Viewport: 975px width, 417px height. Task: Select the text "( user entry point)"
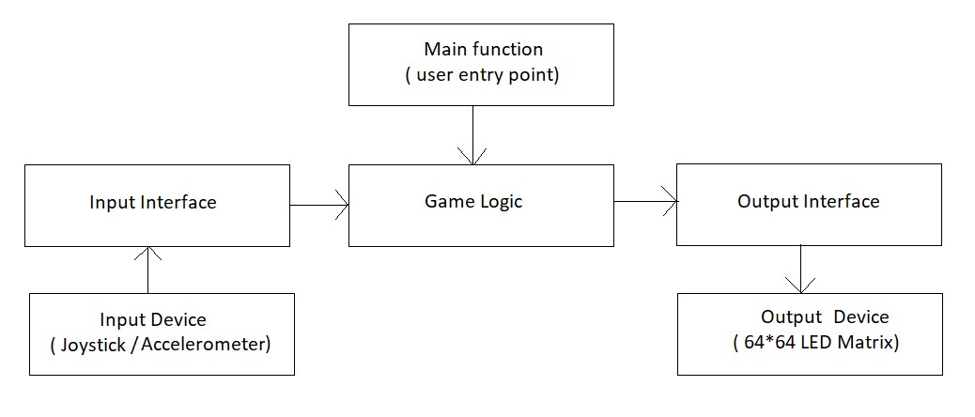(x=482, y=76)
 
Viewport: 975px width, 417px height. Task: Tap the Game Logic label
(x=473, y=201)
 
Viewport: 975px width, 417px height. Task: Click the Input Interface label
(x=153, y=202)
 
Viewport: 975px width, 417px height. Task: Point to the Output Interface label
(x=809, y=201)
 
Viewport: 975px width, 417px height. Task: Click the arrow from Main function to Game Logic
(x=473, y=135)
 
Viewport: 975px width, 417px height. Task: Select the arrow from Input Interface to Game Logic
(x=319, y=205)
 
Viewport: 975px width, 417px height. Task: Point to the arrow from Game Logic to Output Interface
(x=645, y=201)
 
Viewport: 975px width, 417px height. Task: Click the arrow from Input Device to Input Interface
(x=148, y=270)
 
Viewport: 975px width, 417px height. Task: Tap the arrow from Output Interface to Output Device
(x=800, y=269)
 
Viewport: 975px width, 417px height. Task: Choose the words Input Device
(x=153, y=320)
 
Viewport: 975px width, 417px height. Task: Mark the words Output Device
(x=825, y=317)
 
